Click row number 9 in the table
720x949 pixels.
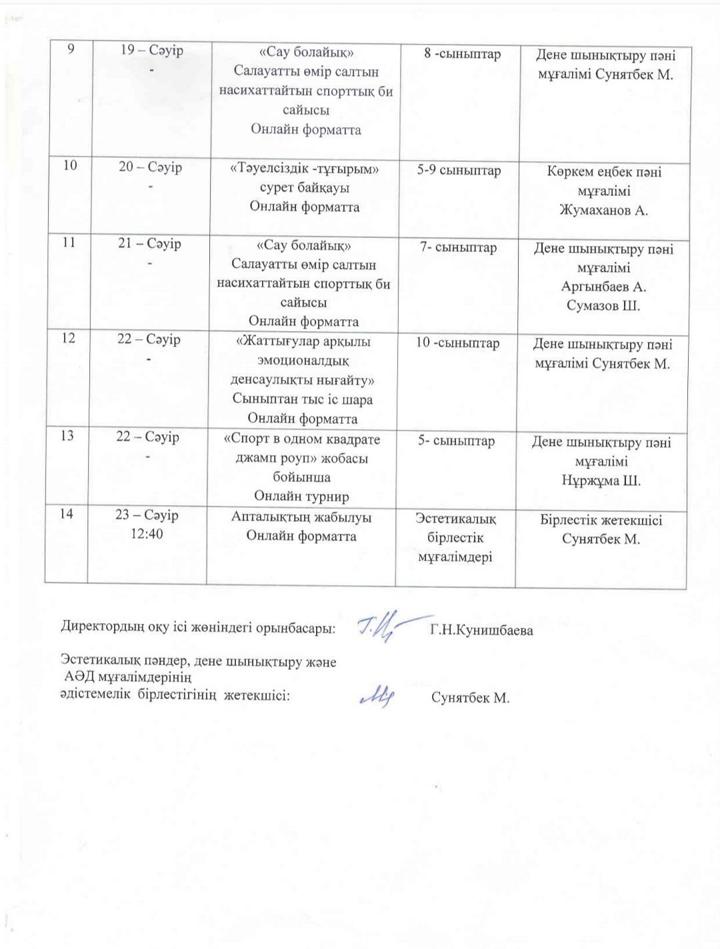pyautogui.click(x=70, y=50)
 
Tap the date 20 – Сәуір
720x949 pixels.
pyautogui.click(x=151, y=167)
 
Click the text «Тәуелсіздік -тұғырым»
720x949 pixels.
pyautogui.click(x=305, y=169)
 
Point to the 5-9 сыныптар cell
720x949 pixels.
pyautogui.click(x=459, y=171)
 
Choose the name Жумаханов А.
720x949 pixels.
pyautogui.click(x=604, y=211)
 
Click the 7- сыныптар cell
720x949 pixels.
pyautogui.click(x=458, y=248)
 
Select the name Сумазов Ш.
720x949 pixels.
pyautogui.click(x=603, y=306)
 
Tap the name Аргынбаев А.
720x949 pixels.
pyautogui.click(x=603, y=287)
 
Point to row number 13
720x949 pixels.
pyautogui.click(x=67, y=437)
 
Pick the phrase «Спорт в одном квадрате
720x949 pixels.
pyautogui.click(x=302, y=440)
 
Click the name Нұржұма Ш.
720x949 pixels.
pyautogui.click(x=601, y=480)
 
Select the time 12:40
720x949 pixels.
pyautogui.click(x=147, y=534)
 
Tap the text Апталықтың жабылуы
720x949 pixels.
pyautogui.click(x=301, y=517)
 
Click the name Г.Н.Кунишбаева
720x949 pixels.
pyautogui.click(x=481, y=630)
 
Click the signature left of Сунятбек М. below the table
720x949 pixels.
pyautogui.click(x=377, y=696)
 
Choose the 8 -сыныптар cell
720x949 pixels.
pyautogui.click(x=462, y=54)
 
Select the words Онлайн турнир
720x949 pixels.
pyautogui.click(x=301, y=496)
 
